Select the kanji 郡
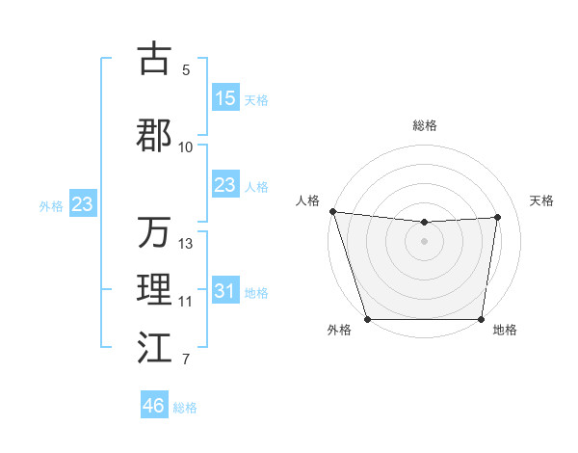pyautogui.click(x=154, y=135)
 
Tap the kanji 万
pyautogui.click(x=154, y=232)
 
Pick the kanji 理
pyautogui.click(x=154, y=289)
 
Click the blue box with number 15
pyautogui.click(x=225, y=98)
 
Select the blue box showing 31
pyautogui.click(x=225, y=291)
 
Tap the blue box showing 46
pyautogui.click(x=154, y=406)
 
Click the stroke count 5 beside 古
pyautogui.click(x=186, y=70)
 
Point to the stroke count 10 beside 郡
pyautogui.click(x=186, y=147)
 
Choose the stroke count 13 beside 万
pyautogui.click(x=186, y=244)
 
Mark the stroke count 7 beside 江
pyautogui.click(x=186, y=360)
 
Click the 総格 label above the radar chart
pyautogui.click(x=425, y=125)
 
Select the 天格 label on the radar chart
pyautogui.click(x=542, y=200)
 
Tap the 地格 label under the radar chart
pyautogui.click(x=505, y=331)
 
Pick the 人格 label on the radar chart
pyautogui.click(x=307, y=200)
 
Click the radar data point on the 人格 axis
pyautogui.click(x=332, y=211)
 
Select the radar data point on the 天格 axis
pyautogui.click(x=498, y=217)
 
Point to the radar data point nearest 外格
pyautogui.click(x=367, y=319)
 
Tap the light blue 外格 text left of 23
pyautogui.click(x=51, y=205)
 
